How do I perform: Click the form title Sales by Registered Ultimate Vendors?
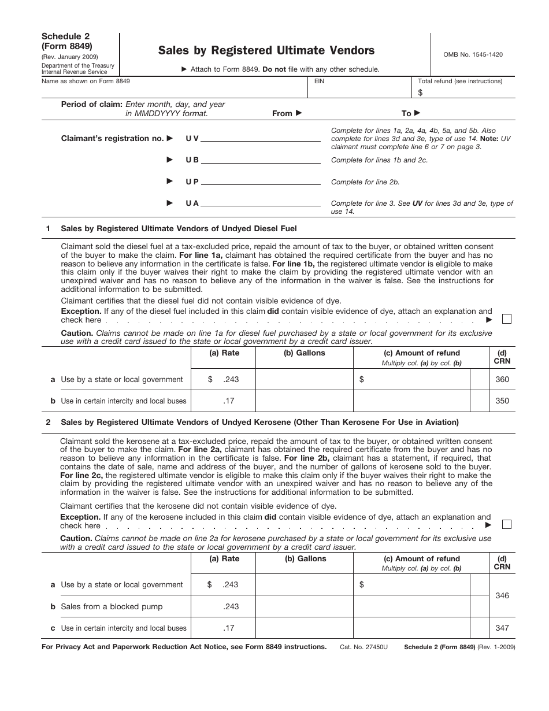(266, 50)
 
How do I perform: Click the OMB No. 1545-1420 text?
(469, 54)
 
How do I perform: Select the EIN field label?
(319, 82)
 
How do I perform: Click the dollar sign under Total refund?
(420, 92)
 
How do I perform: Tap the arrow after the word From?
(298, 113)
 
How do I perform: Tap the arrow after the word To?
(417, 113)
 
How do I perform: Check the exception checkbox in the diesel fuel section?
(507, 319)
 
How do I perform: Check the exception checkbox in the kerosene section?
(507, 524)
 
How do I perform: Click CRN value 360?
(502, 380)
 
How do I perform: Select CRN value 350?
(502, 401)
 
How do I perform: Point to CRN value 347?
(502, 628)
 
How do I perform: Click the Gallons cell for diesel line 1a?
(304, 380)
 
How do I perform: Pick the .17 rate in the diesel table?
(230, 401)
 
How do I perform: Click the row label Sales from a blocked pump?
(112, 606)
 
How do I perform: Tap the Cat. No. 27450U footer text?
(365, 647)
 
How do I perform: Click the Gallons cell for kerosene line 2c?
(304, 628)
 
